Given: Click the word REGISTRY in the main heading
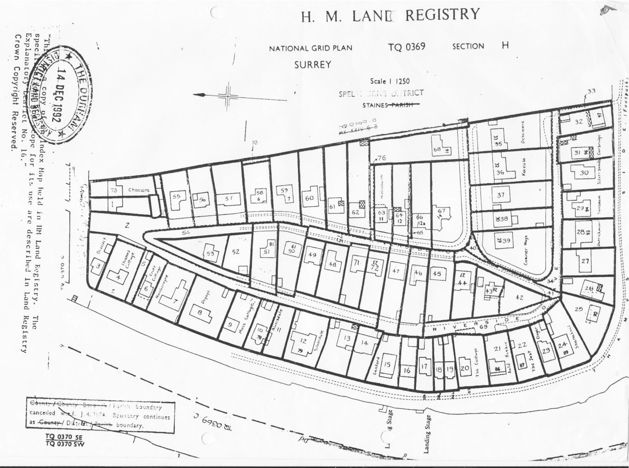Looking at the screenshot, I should pos(442,15).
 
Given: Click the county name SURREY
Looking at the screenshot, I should pos(313,65).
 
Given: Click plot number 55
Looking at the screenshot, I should pos(177,196).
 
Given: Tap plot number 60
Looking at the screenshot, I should pos(309,198).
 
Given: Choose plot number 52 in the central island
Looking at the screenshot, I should pos(236,252).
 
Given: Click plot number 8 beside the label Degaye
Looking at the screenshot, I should pos(200,312).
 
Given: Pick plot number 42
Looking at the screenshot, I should pos(519,297).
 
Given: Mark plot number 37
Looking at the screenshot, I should pos(501,195).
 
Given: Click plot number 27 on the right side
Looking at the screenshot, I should pos(585,261).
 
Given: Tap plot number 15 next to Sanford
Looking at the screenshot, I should pos(387,364).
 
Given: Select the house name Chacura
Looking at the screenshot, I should pos(139,190).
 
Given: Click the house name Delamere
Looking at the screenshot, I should pos(523,132).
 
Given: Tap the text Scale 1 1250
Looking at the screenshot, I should pos(390,81).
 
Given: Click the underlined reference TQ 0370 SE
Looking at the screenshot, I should pos(64,437).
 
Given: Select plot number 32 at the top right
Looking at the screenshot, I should pos(579,122).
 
